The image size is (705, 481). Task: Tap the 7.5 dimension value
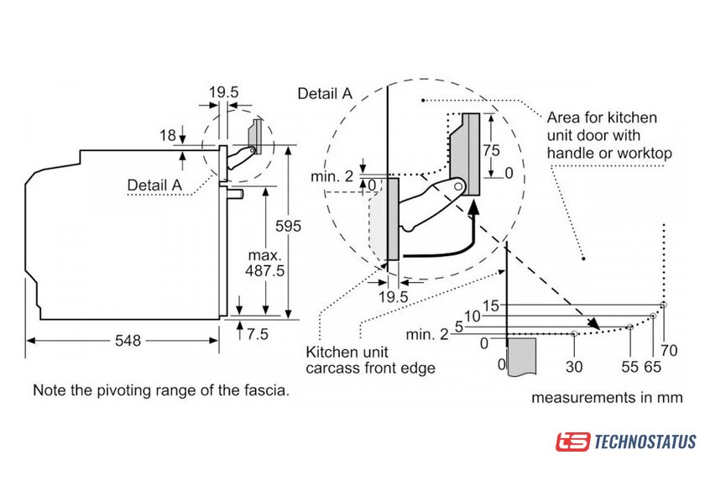click(257, 333)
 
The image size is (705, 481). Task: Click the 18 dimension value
click(168, 134)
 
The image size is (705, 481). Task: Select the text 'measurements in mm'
click(607, 397)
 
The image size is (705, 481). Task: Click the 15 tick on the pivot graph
click(491, 305)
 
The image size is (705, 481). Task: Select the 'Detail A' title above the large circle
click(325, 94)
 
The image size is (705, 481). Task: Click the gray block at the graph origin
click(522, 358)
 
